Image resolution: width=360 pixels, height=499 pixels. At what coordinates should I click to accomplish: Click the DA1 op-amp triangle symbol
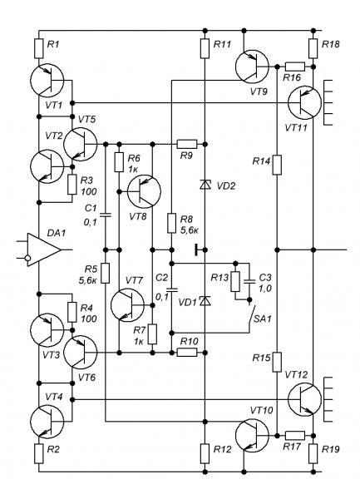coord(44,249)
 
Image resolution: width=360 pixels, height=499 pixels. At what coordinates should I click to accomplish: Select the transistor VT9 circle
coord(252,67)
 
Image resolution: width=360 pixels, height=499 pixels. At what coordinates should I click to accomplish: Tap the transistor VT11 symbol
coord(304,102)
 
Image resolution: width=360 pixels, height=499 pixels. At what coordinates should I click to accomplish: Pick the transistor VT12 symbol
coord(304,399)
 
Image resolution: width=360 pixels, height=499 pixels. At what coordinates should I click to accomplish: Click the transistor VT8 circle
coord(144,191)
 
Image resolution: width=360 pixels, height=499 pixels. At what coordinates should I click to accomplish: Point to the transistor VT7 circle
coord(127,305)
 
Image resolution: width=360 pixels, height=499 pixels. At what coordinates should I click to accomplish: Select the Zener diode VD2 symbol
coord(205,185)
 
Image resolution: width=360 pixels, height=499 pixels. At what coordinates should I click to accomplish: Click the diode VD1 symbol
coord(205,300)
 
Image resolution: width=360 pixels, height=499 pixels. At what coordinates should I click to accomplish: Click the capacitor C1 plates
coord(106,215)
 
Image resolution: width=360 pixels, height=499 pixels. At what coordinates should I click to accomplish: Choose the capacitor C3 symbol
coord(249,281)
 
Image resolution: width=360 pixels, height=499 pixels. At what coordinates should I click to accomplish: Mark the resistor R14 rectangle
coord(277,165)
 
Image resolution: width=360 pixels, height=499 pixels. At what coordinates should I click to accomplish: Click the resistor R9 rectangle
coord(187,144)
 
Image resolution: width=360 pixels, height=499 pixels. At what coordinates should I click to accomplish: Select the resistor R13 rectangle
coord(235,282)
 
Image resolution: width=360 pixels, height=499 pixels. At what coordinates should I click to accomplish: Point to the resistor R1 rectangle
coord(39,49)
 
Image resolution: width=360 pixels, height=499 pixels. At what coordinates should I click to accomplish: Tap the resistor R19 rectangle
coord(313,453)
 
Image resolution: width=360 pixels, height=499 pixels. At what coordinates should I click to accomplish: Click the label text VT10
coord(261,410)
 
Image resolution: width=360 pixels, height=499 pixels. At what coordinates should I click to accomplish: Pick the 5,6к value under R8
coord(189,230)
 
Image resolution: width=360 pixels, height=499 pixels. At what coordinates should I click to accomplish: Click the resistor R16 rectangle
coord(295,67)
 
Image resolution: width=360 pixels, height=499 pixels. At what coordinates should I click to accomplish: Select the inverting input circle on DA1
coord(28,258)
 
